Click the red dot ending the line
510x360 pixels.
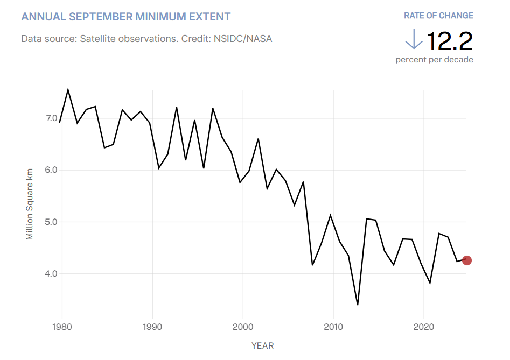coord(467,260)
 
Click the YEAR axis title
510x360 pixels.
coord(262,345)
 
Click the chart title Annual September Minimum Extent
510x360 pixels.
coord(126,17)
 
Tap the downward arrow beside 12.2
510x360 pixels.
coord(414,40)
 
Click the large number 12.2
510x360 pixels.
coord(450,40)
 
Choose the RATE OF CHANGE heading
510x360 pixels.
coord(438,16)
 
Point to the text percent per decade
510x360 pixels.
coord(434,60)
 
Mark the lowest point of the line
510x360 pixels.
coord(358,305)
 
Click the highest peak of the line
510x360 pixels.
coord(68,89)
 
